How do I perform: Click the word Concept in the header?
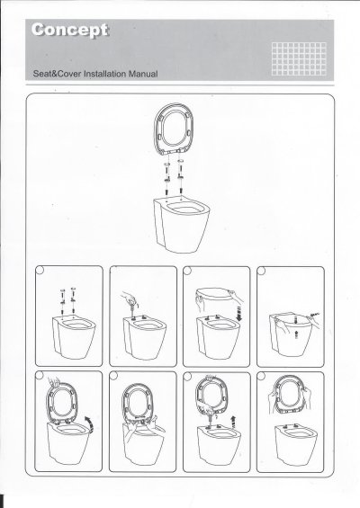[x=69, y=31]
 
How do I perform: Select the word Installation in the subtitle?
[x=104, y=74]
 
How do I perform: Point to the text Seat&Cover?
[x=57, y=74]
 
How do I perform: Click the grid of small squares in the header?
[x=299, y=58]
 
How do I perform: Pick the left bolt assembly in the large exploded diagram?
[x=167, y=176]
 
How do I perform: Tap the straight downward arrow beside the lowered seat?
[x=238, y=313]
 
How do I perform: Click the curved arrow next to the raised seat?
[x=89, y=424]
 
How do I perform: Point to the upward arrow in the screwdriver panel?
[x=233, y=423]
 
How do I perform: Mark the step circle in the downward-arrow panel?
[x=187, y=271]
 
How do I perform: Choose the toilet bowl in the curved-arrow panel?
[x=69, y=443]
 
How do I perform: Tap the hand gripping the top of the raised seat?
[x=54, y=381]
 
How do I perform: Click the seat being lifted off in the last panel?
[x=290, y=395]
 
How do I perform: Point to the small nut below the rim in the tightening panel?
[x=296, y=335]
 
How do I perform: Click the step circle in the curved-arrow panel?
[x=39, y=376]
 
